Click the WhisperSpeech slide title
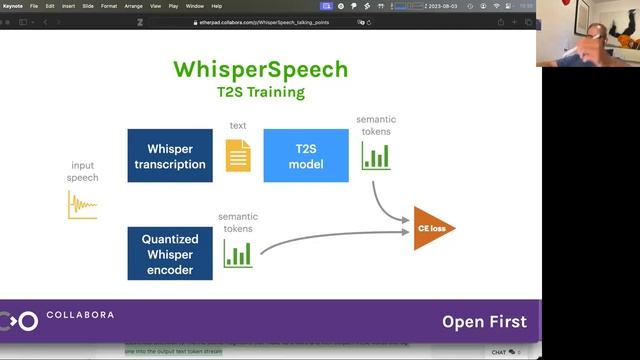coord(260,69)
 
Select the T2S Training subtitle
coord(260,92)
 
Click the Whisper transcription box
coord(170,155)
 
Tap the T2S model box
coord(305,155)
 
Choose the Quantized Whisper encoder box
coord(170,253)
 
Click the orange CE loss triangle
coord(433,229)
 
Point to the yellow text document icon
coord(238,155)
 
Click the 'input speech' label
coord(83,171)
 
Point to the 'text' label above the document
coord(238,126)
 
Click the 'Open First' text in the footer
coord(484,322)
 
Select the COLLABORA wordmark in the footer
coord(80,315)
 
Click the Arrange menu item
coord(133,6)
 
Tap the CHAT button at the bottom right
coord(500,352)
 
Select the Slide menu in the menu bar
coord(85,6)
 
